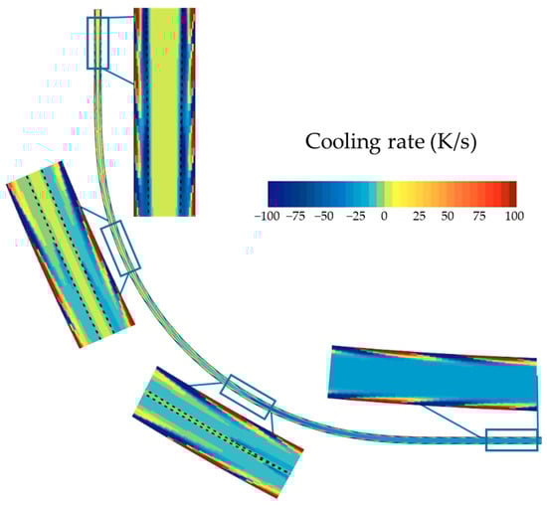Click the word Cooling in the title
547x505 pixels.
point(337,142)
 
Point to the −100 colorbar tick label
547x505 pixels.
point(268,217)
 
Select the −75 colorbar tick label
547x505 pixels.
point(295,217)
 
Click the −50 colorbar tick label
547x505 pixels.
point(324,217)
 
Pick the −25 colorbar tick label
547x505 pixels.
point(355,217)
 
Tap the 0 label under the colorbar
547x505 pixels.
point(384,217)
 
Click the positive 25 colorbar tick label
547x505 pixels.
point(420,217)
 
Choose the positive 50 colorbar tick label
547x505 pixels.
point(448,217)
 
